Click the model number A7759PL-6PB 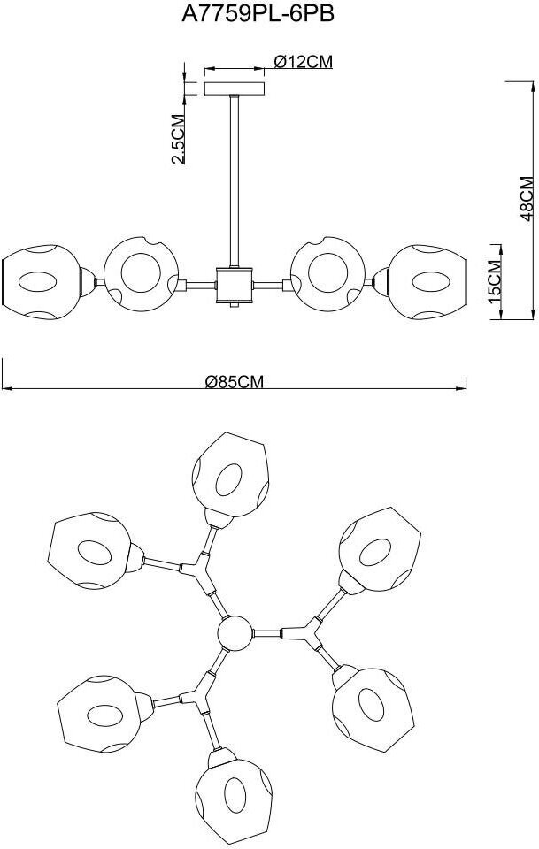tap(269, 15)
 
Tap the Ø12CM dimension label tap(302, 62)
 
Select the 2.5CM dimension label tap(178, 139)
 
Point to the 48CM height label tap(526, 196)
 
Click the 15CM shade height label tap(495, 279)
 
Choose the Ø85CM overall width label tap(235, 382)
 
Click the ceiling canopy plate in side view tap(235, 88)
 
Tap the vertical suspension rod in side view tap(235, 177)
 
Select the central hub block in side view tap(235, 285)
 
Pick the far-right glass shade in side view tap(430, 281)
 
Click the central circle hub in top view tap(235, 633)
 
